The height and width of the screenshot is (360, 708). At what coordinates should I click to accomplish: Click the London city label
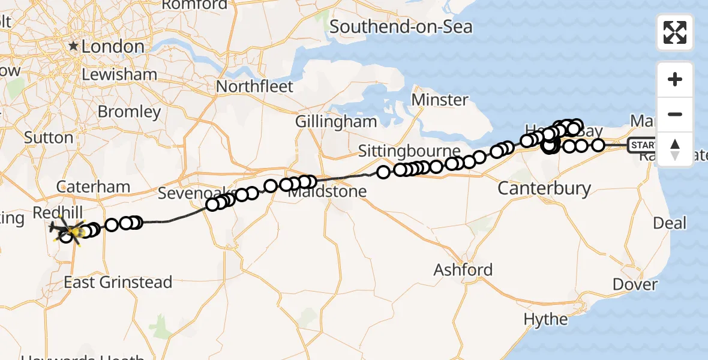113,46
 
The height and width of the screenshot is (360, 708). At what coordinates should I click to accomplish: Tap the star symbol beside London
74,46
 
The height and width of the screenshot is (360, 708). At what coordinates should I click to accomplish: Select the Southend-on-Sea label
401,26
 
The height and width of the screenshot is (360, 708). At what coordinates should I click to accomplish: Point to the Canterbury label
545,188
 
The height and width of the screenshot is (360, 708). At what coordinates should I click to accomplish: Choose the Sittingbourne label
409,150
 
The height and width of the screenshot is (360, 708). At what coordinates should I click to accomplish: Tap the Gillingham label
336,122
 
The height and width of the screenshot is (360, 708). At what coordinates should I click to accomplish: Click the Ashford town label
463,269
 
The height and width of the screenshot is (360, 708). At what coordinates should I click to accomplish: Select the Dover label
635,284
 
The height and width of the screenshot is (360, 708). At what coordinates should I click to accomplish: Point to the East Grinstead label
118,281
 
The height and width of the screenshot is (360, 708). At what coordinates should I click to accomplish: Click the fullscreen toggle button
675,32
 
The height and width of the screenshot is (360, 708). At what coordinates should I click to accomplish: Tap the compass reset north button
675,149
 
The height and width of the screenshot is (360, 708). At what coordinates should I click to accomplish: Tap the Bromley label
129,112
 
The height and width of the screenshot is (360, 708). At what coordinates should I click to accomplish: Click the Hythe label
545,319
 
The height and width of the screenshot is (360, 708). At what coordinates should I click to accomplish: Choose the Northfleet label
254,86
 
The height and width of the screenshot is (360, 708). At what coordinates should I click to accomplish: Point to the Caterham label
94,187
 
